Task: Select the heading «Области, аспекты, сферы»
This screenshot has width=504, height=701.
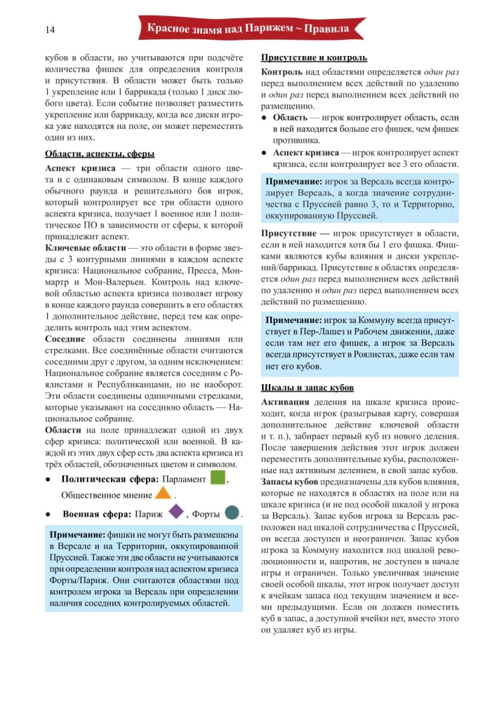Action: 99,154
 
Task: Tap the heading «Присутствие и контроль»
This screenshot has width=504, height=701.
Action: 314,57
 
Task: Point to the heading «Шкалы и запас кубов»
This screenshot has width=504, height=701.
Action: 308,388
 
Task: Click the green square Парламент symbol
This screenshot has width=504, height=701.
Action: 218,478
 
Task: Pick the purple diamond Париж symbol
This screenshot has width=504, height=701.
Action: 175,513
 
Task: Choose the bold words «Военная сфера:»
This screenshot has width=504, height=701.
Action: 100,515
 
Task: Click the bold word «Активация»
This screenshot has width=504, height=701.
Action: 285,403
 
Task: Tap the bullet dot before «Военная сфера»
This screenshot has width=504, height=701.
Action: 48,515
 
